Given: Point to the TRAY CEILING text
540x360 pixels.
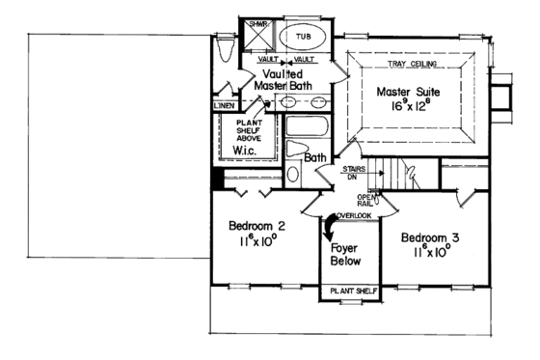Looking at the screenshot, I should click(417, 64).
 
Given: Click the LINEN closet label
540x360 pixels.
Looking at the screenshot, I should click(224, 104).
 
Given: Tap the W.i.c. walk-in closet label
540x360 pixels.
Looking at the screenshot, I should click(245, 152).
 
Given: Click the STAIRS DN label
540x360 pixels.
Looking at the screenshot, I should click(352, 172).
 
